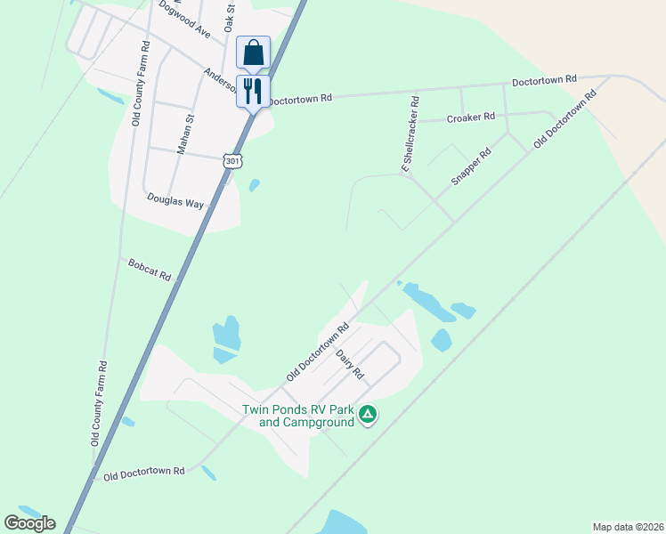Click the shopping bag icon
(x=253, y=53)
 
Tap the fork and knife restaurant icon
(x=253, y=90)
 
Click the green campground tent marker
(x=368, y=414)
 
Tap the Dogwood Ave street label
(x=183, y=19)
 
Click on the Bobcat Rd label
(x=149, y=270)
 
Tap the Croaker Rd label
(x=470, y=117)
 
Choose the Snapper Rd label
(x=471, y=166)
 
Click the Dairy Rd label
(x=351, y=364)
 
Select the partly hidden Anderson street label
(x=219, y=81)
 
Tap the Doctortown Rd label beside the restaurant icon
(x=300, y=99)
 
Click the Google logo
(x=29, y=523)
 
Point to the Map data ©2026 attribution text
(x=627, y=527)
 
